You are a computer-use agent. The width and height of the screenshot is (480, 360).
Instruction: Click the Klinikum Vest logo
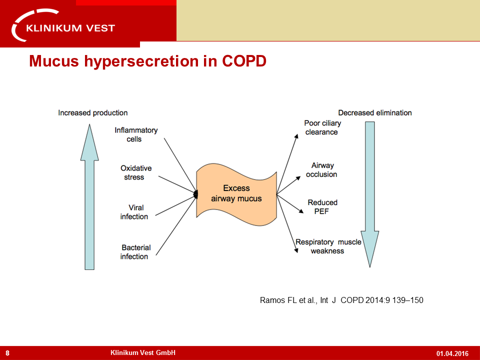(63, 25)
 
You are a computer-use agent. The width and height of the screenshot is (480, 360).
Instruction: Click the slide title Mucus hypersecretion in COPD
(148, 60)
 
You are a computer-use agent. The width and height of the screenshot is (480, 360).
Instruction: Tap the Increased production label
(93, 113)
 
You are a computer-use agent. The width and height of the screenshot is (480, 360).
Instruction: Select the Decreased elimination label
(374, 113)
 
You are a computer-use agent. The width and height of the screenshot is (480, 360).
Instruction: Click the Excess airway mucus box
(236, 194)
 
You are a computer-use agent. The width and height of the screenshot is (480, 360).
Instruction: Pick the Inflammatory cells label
(136, 134)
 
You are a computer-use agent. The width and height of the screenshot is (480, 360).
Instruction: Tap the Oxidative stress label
(136, 172)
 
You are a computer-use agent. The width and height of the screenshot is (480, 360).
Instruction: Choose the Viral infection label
(134, 212)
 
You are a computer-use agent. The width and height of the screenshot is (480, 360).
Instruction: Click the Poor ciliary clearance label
(322, 127)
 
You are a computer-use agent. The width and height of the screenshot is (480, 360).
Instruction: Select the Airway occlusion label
(321, 170)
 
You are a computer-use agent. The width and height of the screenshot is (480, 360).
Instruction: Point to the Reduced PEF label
(322, 207)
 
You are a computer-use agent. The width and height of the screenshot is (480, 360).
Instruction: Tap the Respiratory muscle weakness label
(328, 246)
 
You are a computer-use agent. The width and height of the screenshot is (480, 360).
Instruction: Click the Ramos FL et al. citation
(341, 300)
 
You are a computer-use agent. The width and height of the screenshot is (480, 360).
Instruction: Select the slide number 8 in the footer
(7, 353)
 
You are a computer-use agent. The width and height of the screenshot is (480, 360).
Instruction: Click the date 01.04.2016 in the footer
(452, 353)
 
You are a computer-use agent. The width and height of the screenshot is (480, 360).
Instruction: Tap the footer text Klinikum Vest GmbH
(143, 352)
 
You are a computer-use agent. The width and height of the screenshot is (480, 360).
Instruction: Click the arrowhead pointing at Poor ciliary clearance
(296, 136)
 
